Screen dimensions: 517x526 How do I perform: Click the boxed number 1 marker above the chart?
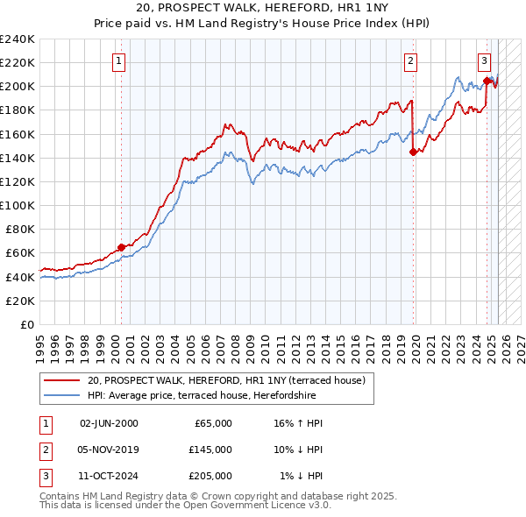click(117, 61)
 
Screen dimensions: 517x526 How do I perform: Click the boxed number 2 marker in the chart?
click(410, 61)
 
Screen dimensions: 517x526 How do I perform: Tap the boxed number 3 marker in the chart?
click(484, 61)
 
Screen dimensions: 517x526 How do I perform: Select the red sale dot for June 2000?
click(121, 247)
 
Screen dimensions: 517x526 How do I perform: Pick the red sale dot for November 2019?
click(413, 152)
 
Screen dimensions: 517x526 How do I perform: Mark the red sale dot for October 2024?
click(487, 81)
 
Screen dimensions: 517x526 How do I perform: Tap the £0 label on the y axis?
click(27, 324)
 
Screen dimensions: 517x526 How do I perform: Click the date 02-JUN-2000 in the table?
click(109, 423)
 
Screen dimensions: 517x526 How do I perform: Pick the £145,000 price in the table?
click(210, 450)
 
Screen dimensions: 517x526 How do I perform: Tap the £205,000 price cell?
click(210, 476)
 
